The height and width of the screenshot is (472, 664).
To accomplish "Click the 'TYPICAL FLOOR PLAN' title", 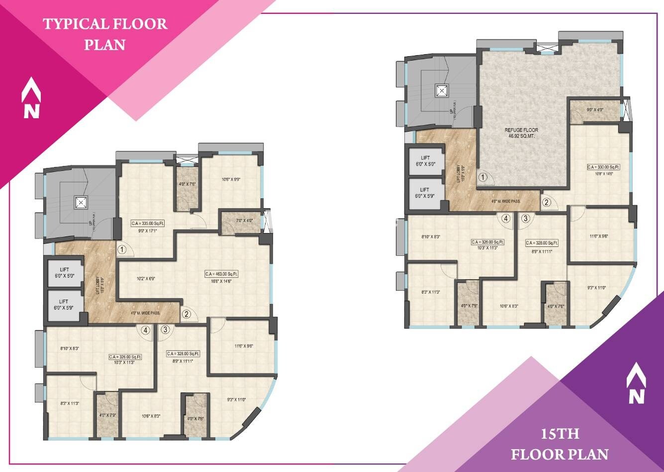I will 105,34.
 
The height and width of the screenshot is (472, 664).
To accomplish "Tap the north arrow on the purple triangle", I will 636,383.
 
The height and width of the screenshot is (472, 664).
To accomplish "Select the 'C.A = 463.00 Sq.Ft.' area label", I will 222,274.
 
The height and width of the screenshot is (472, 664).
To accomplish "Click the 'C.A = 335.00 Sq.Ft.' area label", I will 148,223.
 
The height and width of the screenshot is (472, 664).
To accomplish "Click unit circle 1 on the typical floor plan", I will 122,249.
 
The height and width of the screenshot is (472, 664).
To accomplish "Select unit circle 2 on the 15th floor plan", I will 546,202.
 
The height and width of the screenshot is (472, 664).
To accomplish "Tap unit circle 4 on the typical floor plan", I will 145,329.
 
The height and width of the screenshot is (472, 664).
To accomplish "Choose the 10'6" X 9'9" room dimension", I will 231,180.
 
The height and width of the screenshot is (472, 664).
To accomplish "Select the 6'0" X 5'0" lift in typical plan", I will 64,273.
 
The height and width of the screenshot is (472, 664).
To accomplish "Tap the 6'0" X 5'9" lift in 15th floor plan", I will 424,193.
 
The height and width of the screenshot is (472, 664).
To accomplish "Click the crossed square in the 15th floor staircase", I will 441,91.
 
